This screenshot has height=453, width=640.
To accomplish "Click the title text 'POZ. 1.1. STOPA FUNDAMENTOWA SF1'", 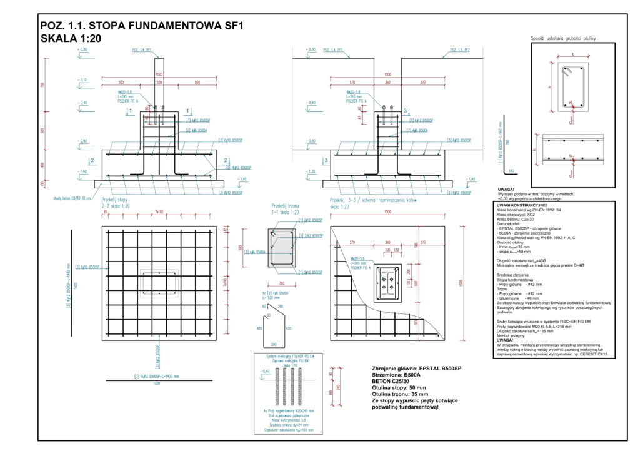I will [141, 26].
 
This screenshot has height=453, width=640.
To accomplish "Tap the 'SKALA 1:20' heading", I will [70, 39].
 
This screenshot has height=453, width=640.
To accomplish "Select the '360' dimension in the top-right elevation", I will [387, 82].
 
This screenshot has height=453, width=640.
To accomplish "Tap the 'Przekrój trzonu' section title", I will [285, 205].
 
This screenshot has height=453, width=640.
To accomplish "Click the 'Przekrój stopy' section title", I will [114, 200].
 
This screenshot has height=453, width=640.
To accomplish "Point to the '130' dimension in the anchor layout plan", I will [397, 250].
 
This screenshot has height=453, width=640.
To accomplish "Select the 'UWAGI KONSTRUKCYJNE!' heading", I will [521, 205].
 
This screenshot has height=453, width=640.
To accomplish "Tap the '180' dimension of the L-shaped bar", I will [512, 170].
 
